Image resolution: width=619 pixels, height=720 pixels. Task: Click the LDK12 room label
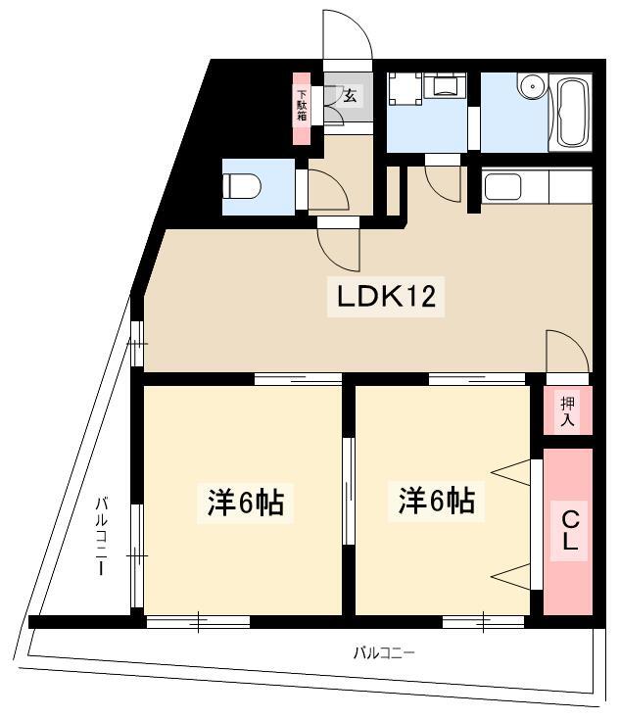(x=386, y=296)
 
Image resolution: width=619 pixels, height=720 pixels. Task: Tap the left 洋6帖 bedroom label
(x=245, y=503)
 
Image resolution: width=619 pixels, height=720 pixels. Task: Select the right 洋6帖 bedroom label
(x=436, y=501)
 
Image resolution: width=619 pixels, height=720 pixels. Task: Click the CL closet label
(x=569, y=531)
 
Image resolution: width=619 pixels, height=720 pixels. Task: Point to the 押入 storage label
(x=567, y=411)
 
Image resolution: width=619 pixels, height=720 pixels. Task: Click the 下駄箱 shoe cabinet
(x=302, y=109)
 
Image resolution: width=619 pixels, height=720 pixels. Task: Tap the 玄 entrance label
(x=351, y=96)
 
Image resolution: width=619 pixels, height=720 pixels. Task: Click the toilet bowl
(x=242, y=186)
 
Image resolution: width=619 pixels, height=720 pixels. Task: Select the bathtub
(x=571, y=113)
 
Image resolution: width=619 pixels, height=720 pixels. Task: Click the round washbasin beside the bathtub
(x=533, y=85)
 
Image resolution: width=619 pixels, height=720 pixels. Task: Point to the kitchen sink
(x=502, y=187)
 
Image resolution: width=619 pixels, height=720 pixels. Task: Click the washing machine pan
(x=405, y=89)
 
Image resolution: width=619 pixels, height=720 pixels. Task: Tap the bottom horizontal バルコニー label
(x=384, y=652)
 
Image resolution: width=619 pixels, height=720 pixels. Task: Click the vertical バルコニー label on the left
(x=102, y=536)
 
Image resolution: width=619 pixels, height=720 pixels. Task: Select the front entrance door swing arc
(x=348, y=34)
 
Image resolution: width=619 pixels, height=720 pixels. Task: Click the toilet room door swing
(x=328, y=190)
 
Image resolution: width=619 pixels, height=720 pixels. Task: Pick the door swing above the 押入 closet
(x=567, y=352)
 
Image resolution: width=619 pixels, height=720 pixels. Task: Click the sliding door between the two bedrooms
(x=349, y=491)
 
